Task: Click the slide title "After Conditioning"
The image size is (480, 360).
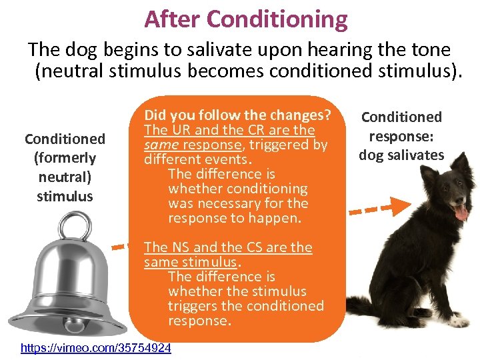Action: point(245,19)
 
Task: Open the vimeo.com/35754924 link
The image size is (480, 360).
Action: point(95,348)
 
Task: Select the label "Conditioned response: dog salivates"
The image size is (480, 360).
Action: point(401,136)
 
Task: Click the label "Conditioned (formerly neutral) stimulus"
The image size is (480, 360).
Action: point(65,167)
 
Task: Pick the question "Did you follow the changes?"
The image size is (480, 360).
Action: point(238,115)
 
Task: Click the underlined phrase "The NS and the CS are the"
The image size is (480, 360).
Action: point(228,247)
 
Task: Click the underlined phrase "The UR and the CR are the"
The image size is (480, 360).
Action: point(229,130)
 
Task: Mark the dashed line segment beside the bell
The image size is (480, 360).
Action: point(118,247)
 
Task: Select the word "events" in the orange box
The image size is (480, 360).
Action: point(227,159)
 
